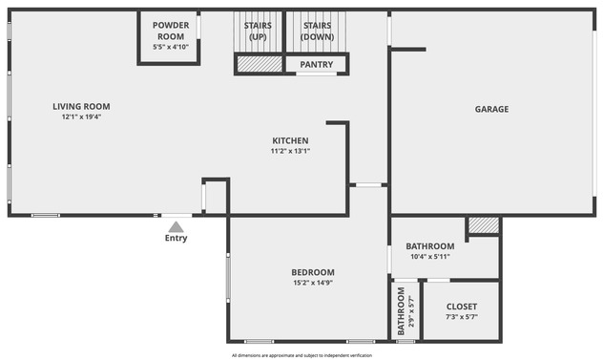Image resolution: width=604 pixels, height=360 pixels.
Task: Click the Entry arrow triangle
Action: [176, 227]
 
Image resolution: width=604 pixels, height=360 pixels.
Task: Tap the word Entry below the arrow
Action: [176, 239]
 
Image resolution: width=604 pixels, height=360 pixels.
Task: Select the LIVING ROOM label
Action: [81, 106]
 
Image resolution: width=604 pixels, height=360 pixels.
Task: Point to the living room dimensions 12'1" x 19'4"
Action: [81, 117]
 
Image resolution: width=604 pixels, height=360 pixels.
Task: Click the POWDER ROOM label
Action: [171, 31]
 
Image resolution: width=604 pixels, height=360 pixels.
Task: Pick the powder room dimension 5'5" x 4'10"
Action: [171, 47]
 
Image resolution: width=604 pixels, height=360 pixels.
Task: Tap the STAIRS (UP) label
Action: [258, 32]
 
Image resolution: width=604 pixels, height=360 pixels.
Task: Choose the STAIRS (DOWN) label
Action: [316, 32]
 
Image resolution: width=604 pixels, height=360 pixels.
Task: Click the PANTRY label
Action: [316, 65]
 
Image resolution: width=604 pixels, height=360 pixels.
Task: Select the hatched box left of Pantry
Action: [260, 65]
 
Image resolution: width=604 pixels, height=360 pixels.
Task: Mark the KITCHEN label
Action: [290, 140]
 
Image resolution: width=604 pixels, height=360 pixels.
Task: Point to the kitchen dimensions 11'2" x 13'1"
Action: [290, 151]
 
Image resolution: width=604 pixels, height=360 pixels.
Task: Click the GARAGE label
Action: [491, 109]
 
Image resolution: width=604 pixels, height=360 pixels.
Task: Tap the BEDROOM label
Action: [313, 272]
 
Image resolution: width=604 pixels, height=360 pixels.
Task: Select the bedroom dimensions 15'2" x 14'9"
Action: [313, 283]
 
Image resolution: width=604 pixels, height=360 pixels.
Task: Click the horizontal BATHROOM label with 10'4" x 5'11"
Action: [429, 246]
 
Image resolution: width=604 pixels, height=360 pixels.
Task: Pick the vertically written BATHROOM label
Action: [402, 310]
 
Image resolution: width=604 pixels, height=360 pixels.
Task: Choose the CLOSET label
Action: [461, 307]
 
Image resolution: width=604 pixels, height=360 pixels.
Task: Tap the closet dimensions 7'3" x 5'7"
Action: [461, 317]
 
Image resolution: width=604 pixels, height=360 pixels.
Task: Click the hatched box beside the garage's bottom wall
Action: [483, 225]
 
